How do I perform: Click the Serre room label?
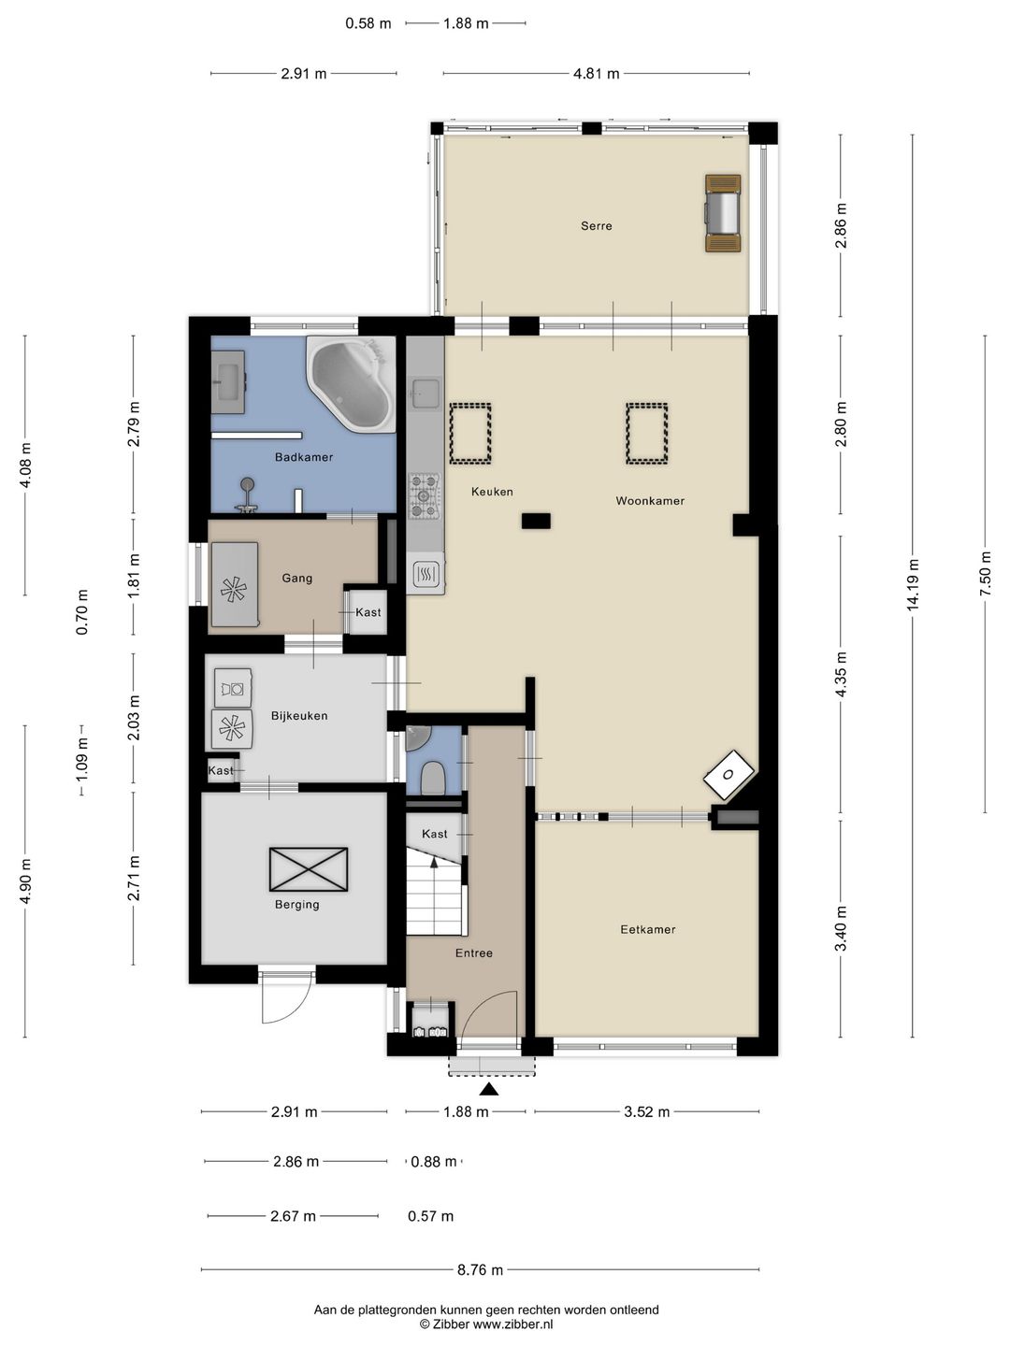pos(596,225)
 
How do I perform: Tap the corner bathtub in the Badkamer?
pos(352,383)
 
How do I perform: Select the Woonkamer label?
pos(650,500)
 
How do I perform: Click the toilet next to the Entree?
pos(434,779)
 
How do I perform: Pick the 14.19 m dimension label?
pos(913,585)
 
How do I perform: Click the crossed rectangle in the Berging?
pos(309,869)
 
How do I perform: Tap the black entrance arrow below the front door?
pos(488,1088)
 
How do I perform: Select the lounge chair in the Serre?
pos(722,213)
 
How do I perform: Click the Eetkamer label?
pos(647,929)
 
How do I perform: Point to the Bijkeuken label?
pos(299,716)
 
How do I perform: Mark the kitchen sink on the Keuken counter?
pos(425,394)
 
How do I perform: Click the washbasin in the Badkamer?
pos(228,382)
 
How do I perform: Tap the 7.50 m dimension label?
pos(985,573)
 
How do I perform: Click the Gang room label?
pos(296,578)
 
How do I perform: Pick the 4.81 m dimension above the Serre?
pos(596,74)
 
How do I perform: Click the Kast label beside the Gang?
pos(368,612)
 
